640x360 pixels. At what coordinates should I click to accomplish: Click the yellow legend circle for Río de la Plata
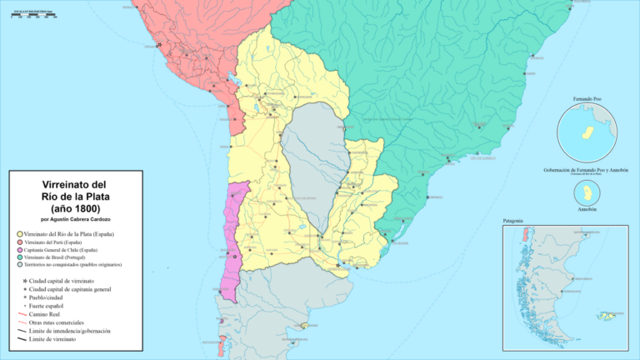19,235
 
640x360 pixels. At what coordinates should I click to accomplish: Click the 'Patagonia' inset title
513,221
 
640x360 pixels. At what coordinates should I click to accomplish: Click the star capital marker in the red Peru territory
158,46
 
